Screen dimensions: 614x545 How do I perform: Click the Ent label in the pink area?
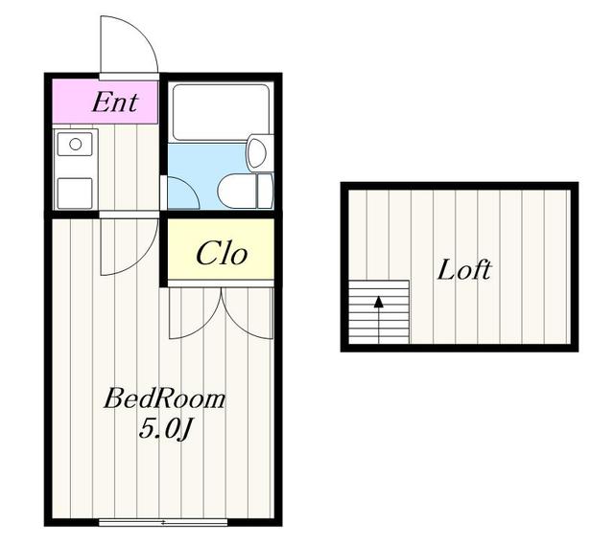tap(115, 102)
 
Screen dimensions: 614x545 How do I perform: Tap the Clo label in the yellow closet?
tap(222, 253)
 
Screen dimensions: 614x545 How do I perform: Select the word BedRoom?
tap(164, 398)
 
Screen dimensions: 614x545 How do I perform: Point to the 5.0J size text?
tap(165, 429)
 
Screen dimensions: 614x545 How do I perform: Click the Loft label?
tap(464, 269)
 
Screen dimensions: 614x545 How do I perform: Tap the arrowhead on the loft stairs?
tap(379, 302)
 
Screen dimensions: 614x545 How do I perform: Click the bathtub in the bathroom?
tap(222, 112)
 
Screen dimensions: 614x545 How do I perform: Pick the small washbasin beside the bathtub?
tap(258, 153)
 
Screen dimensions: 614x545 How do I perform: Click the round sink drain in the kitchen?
tap(75, 145)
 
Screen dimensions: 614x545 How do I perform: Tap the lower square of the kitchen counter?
tap(75, 193)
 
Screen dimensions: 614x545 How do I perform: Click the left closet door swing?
tap(206, 326)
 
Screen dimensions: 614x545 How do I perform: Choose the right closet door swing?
tap(237, 326)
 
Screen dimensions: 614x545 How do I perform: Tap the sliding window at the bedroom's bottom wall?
tap(163, 522)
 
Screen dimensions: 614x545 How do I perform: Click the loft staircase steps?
tap(379, 312)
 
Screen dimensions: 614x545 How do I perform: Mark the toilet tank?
tap(265, 192)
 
